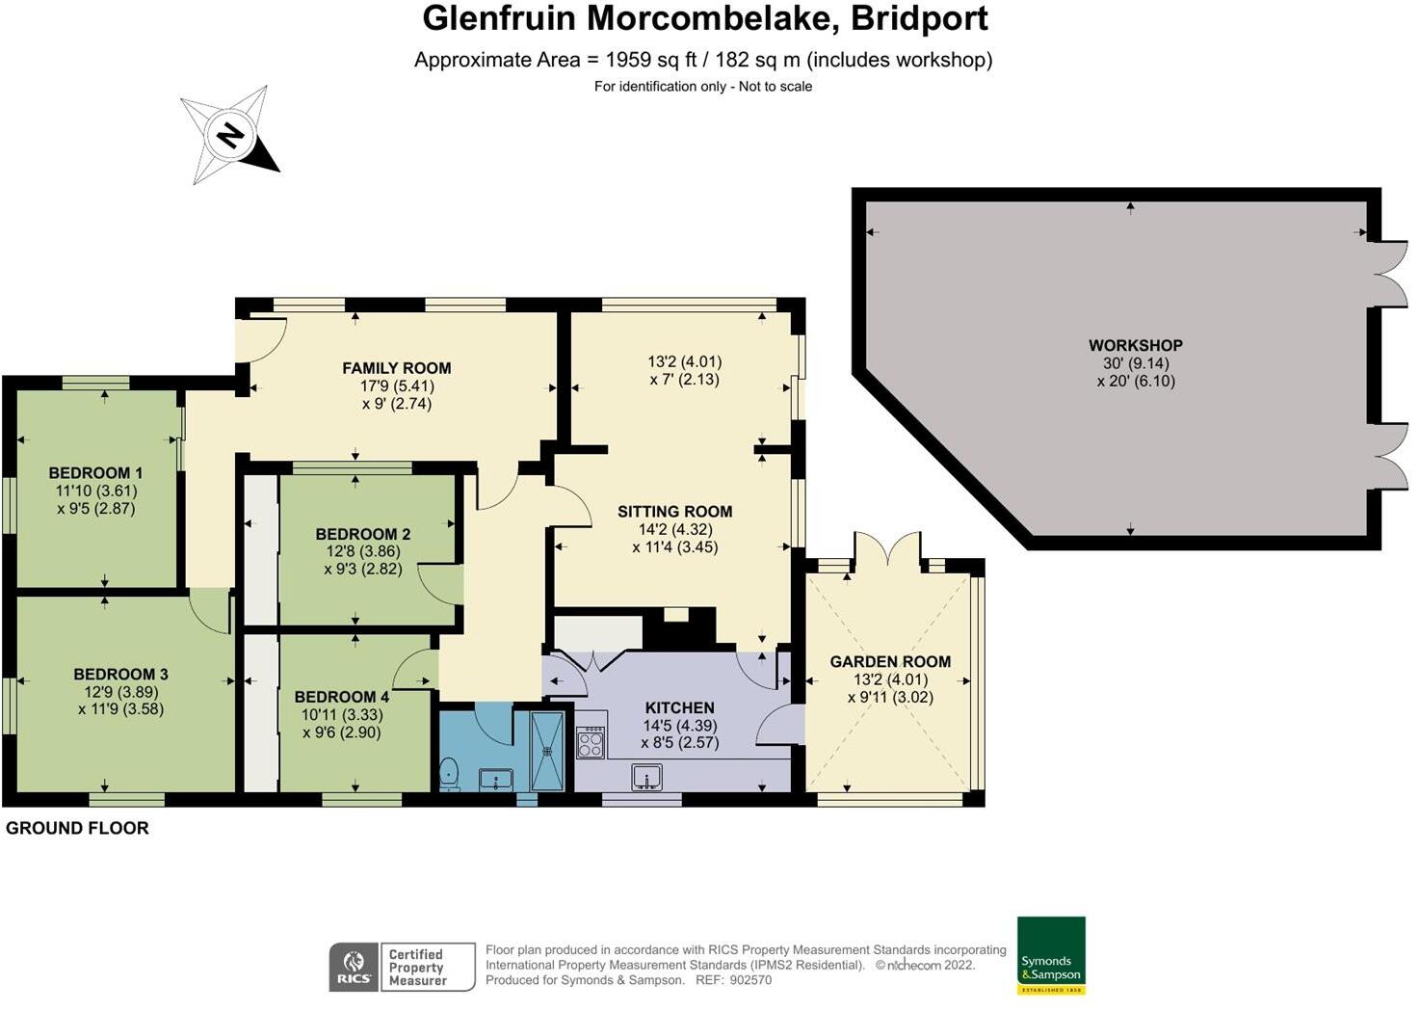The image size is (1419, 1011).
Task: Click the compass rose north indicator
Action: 229,135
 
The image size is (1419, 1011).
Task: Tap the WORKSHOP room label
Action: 1135,345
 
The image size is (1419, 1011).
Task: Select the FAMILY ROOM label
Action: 396,367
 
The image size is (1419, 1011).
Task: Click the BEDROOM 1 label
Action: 95,472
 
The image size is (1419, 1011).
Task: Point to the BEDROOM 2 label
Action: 362,534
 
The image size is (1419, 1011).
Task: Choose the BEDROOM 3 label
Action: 120,674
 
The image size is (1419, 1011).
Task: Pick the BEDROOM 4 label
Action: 341,697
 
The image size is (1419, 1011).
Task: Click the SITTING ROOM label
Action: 674,512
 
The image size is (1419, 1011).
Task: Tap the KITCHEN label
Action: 679,707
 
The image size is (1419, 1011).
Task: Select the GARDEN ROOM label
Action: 890,661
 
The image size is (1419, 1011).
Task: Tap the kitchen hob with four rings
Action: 591,742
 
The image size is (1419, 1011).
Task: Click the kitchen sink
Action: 646,776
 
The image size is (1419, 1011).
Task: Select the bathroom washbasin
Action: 498,779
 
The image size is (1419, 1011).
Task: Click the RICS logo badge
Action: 353,967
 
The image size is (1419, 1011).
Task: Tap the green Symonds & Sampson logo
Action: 1051,954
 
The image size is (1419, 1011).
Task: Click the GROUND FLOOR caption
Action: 77,828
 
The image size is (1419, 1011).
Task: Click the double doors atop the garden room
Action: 890,550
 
